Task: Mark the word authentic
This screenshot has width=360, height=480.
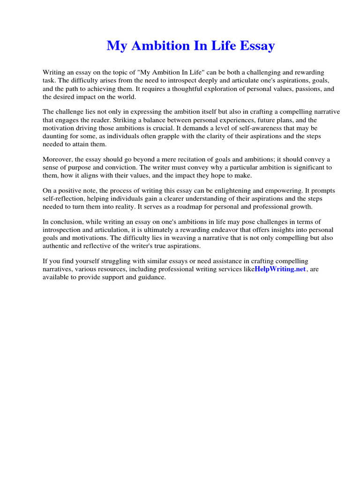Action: point(58,246)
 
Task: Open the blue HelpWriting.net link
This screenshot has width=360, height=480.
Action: point(280,270)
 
